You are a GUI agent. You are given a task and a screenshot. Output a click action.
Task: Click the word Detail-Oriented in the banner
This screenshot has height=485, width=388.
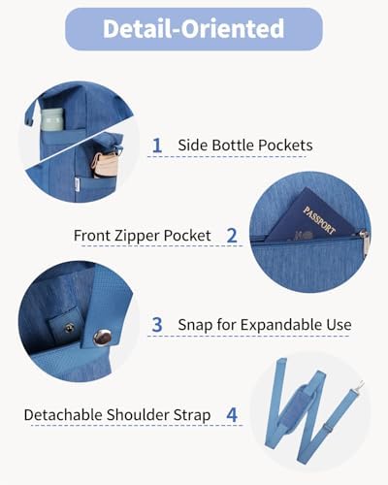193,29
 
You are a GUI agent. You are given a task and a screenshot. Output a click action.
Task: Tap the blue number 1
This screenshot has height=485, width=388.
157,145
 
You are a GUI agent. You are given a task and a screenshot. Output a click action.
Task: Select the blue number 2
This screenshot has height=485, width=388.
232,236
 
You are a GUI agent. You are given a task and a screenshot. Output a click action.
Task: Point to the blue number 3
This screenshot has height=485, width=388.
157,325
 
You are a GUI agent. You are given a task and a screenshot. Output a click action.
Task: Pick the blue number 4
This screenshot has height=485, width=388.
232,414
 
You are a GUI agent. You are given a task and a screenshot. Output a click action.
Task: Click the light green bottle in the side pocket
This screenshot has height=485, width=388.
52,120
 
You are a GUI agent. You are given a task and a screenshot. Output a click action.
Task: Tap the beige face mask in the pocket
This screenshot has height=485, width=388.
104,164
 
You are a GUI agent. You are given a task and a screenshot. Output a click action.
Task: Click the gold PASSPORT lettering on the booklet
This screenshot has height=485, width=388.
319,220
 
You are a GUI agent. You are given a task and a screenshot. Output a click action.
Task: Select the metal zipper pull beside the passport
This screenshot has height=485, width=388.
364,244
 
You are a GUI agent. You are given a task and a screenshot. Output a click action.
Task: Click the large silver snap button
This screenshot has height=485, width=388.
102,338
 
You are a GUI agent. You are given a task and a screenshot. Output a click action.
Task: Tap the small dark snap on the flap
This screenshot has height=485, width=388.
69,329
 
